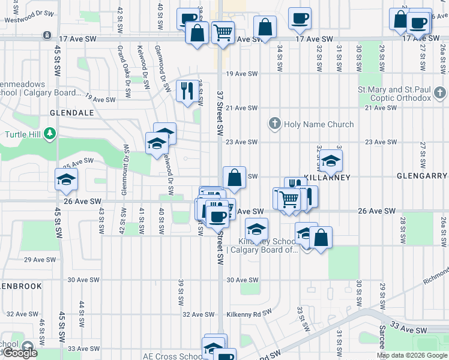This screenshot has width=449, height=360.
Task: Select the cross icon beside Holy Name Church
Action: (x=275, y=124)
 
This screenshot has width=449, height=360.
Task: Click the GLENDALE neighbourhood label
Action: (x=71, y=113)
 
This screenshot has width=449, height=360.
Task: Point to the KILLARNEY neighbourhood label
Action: (x=327, y=178)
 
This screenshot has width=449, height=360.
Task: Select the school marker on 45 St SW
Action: (x=66, y=179)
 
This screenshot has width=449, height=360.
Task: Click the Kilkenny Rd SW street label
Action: (x=246, y=314)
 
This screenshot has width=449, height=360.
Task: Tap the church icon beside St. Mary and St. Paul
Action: (x=441, y=93)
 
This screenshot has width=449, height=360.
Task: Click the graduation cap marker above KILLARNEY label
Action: (x=330, y=160)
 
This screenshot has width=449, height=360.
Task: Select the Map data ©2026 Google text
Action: (x=412, y=355)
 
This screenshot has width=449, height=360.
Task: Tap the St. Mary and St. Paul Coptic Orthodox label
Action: (x=394, y=94)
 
